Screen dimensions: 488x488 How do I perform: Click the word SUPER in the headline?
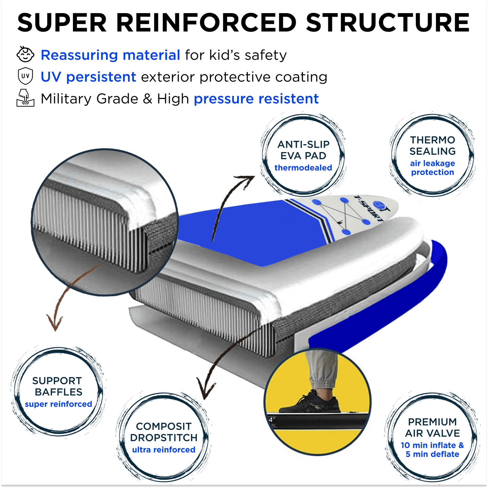[62, 23]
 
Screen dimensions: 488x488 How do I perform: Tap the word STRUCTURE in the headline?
[388, 23]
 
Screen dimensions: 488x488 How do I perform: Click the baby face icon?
[25, 55]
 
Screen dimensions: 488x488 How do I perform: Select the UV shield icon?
[25, 76]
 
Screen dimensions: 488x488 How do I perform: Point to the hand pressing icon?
[25, 98]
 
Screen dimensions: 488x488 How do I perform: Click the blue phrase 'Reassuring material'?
[110, 55]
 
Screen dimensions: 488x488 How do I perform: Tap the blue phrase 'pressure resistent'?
[256, 99]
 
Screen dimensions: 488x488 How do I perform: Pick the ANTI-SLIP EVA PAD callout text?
[303, 150]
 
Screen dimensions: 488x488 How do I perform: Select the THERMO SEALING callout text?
[433, 146]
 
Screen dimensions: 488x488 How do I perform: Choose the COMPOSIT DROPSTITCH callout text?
[164, 432]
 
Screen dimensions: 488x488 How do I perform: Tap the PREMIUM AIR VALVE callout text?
[432, 428]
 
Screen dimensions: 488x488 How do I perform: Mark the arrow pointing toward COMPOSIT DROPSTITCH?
[220, 365]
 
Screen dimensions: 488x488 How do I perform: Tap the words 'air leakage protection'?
[433, 168]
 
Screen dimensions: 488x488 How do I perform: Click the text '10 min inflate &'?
[432, 445]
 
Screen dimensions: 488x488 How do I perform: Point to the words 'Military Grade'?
[89, 99]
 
